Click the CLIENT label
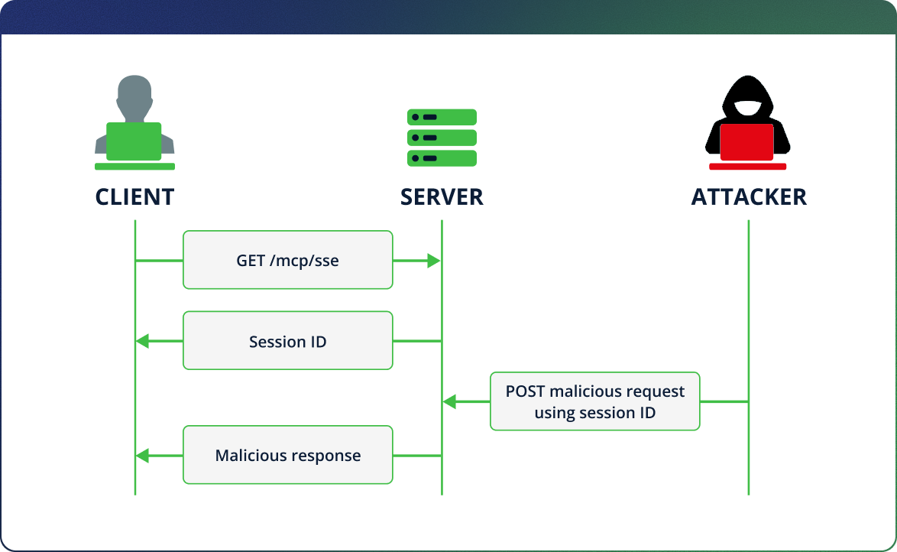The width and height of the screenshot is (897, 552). click(134, 196)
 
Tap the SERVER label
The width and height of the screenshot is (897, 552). click(442, 196)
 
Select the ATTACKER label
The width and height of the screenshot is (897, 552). click(749, 196)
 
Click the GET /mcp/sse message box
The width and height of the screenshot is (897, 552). click(287, 260)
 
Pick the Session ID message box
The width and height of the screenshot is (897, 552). click(287, 341)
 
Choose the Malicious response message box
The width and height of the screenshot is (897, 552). click(287, 455)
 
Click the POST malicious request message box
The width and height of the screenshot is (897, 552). click(594, 401)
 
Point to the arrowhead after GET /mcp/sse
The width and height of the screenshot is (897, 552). click(433, 261)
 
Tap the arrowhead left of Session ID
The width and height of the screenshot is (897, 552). click(143, 341)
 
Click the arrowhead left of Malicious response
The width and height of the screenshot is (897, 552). click(143, 456)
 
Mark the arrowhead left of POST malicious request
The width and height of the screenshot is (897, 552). click(450, 401)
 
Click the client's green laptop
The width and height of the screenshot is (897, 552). click(134, 141)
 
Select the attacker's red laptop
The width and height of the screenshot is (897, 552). click(746, 143)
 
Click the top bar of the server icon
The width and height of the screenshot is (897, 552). click(442, 117)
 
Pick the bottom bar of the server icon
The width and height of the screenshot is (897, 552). click(442, 158)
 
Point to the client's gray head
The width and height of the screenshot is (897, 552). click(134, 96)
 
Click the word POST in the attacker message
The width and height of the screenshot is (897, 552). click(526, 391)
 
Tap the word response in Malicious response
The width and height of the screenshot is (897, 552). click(325, 456)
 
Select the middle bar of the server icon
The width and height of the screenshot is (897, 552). click(442, 138)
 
